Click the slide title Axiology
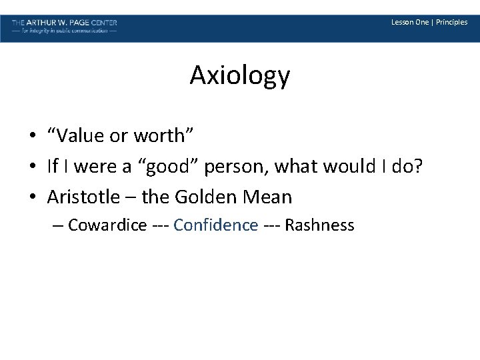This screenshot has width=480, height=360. coord(239,77)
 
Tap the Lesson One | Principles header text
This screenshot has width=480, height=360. coord(429,22)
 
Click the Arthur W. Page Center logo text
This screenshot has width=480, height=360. coord(64,22)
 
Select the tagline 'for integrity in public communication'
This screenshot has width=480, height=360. coord(64,31)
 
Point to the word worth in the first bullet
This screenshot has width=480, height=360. coord(161,136)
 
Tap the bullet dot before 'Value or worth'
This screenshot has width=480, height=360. coord(32,137)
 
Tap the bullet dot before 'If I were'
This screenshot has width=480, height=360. coord(32,167)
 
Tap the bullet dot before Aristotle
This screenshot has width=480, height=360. coord(32,198)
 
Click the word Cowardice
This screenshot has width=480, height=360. coord(107,225)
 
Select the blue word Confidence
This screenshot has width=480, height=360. coord(215,225)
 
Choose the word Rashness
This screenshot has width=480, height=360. coord(319,225)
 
